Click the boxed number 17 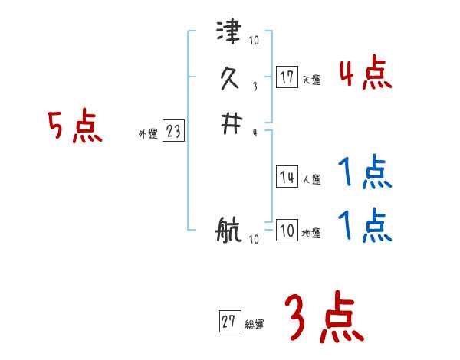tap(287, 77)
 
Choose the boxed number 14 tap(287, 178)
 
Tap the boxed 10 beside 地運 tap(287, 231)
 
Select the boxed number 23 tap(173, 132)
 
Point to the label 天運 tap(311, 80)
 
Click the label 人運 tap(311, 180)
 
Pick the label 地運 tap(311, 233)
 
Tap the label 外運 tap(148, 134)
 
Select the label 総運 tap(255, 325)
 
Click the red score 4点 tap(365, 74)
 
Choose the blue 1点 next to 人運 tap(365, 173)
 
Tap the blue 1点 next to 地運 tap(365, 226)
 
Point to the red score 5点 tap(75, 127)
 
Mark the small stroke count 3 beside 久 tap(254, 89)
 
